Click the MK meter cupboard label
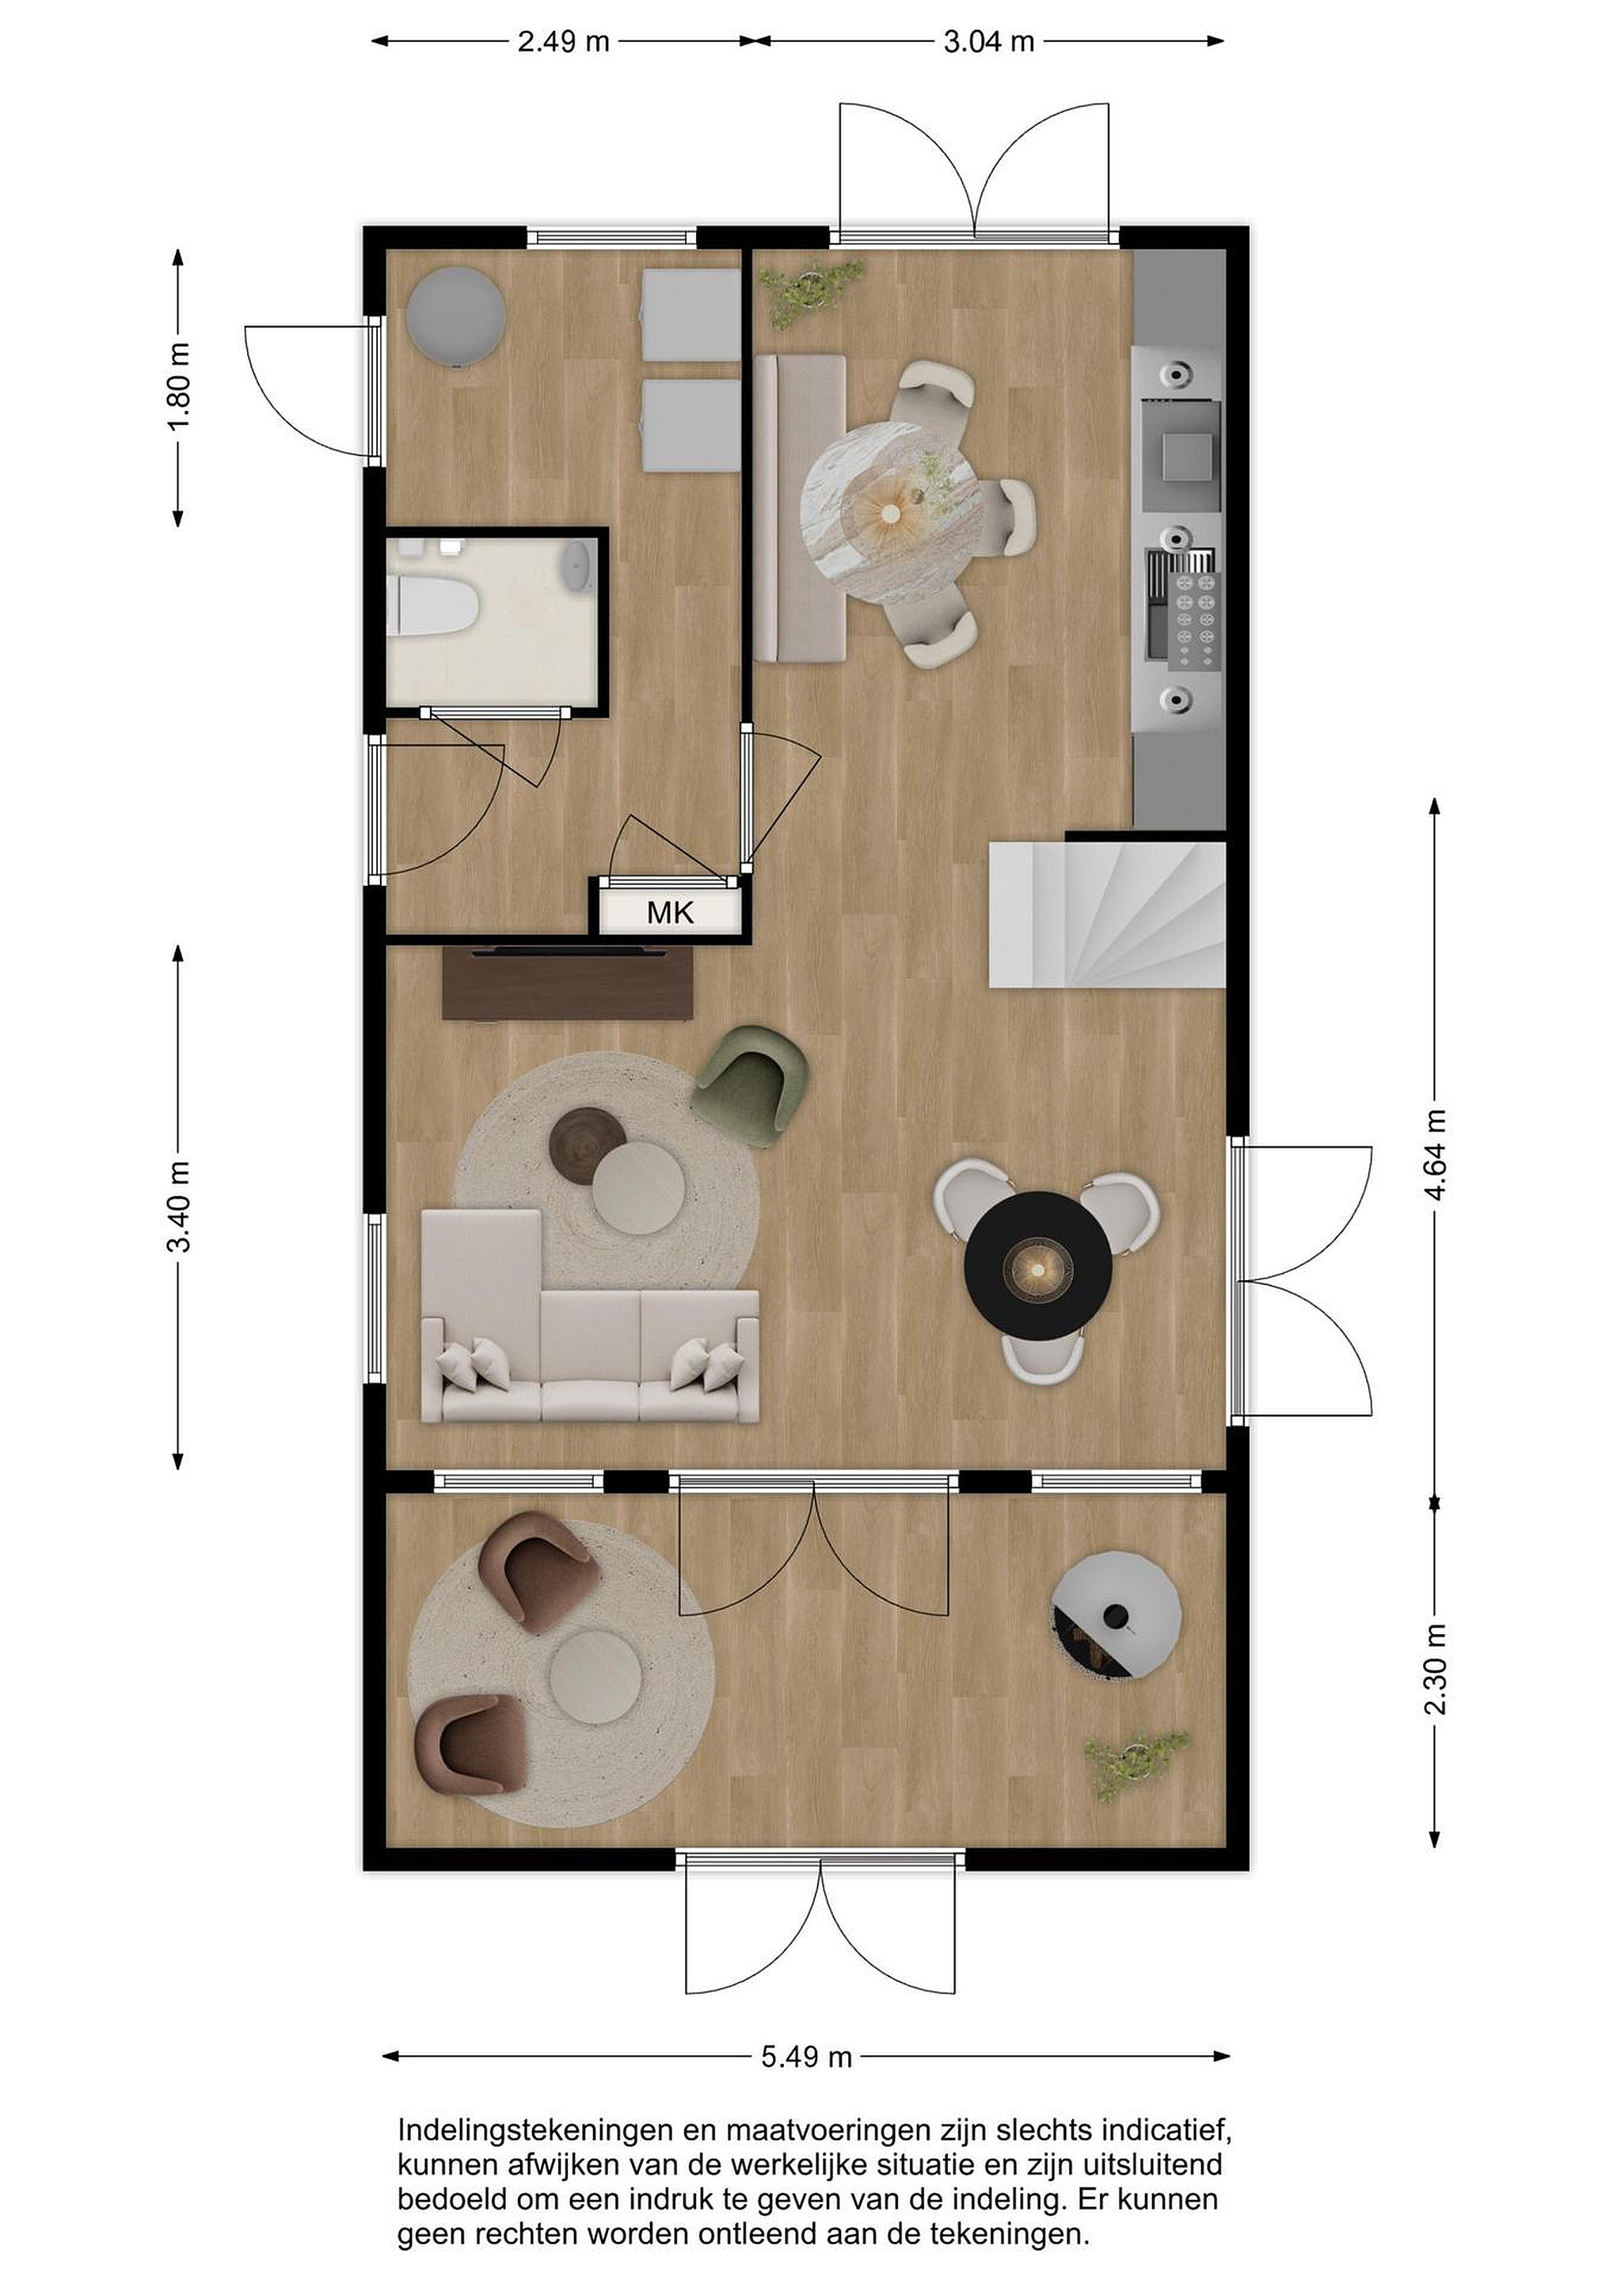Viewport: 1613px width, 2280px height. point(671,911)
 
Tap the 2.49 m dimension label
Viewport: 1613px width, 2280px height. point(563,42)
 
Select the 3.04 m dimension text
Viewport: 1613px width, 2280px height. point(988,42)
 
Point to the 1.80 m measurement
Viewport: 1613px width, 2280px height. point(180,387)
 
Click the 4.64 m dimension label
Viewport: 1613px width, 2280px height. point(1435,1154)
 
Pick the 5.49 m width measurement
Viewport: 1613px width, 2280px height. point(806,2057)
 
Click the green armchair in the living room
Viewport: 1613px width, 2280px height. point(752,1085)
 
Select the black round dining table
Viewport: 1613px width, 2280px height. point(1038,1266)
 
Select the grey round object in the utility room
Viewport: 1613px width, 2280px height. point(456,317)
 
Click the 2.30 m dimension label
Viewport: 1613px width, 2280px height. point(1435,1670)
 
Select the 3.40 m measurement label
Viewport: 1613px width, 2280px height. point(180,1206)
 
